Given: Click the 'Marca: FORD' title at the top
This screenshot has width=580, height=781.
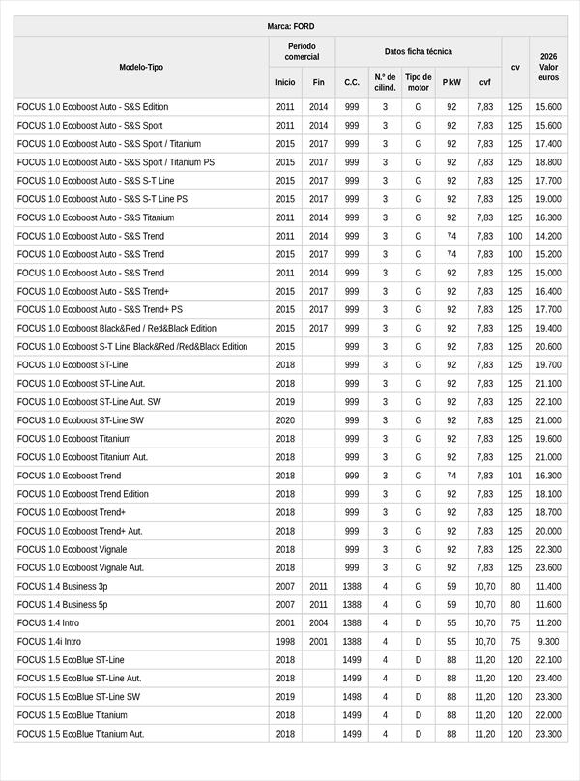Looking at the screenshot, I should click(x=290, y=26).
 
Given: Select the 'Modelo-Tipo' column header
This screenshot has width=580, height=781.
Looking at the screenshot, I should click(x=141, y=67).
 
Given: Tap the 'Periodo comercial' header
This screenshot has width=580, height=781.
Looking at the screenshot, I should click(x=302, y=51).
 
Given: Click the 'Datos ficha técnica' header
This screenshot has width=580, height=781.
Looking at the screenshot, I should click(x=418, y=51).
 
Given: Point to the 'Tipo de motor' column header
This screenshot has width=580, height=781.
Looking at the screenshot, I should click(x=419, y=82).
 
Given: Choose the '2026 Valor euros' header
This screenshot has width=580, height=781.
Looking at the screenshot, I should click(x=548, y=67).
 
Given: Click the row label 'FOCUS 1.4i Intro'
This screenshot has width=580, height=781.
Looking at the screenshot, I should click(x=49, y=641).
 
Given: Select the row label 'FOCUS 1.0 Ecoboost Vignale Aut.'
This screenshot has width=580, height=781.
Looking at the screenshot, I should click(x=80, y=567).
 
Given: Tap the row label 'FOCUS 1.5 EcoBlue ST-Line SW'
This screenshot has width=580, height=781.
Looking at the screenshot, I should click(x=78, y=696).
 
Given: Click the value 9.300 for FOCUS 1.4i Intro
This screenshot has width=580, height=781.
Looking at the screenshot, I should click(x=548, y=641).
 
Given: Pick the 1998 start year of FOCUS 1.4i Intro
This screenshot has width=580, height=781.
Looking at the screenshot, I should click(x=285, y=641).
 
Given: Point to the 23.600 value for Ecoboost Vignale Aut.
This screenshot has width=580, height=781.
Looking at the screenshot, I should click(x=548, y=567).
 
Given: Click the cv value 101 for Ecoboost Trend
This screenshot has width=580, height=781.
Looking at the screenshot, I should click(x=515, y=476).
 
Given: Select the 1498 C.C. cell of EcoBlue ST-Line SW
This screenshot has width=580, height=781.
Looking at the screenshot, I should click(x=352, y=696).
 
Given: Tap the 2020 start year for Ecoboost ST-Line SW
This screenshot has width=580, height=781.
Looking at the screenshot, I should click(x=285, y=420).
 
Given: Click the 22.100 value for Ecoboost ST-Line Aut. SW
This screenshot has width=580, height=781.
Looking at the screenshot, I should click(x=548, y=402).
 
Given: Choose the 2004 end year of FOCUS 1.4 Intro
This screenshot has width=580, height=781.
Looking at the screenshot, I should click(x=319, y=622).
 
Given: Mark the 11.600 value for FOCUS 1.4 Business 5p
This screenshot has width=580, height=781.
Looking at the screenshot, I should click(x=548, y=604).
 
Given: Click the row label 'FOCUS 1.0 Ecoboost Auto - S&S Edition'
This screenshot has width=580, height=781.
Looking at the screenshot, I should click(x=93, y=107).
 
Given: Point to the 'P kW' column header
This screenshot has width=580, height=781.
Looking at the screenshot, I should click(x=451, y=82).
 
